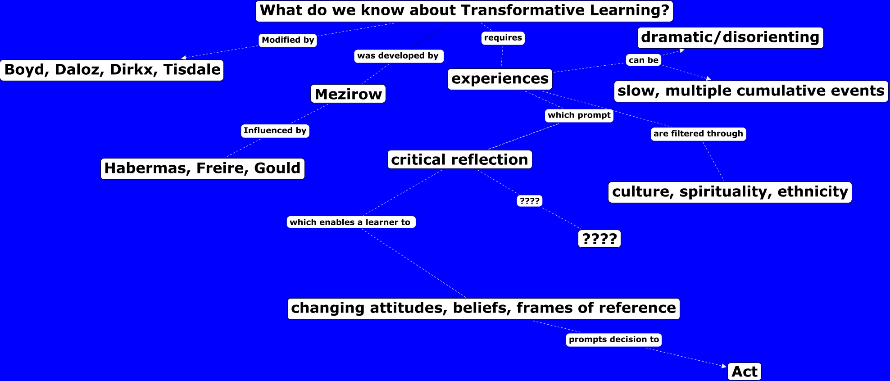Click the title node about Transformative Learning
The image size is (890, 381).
[464, 11]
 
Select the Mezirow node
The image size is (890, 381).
[348, 94]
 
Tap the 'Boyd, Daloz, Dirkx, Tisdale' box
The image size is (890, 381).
[112, 70]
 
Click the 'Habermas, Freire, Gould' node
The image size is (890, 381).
[203, 168]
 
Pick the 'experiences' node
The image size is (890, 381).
[500, 79]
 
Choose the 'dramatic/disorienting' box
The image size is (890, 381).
[730, 37]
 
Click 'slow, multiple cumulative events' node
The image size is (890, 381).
[751, 91]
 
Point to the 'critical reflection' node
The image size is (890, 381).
[460, 159]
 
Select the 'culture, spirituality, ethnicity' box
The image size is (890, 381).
[730, 192]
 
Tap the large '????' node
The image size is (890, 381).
[599, 239]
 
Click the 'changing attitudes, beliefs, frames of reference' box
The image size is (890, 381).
[484, 308]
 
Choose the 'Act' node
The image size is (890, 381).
[745, 372]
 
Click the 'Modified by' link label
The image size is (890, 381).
[288, 40]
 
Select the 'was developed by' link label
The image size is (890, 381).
[399, 56]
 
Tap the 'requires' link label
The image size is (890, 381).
[503, 38]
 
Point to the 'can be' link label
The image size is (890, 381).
[644, 60]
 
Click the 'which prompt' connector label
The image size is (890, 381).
[579, 115]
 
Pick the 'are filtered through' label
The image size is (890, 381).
[699, 134]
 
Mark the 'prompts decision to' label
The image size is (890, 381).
[614, 340]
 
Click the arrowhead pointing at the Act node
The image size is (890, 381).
[724, 366]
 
